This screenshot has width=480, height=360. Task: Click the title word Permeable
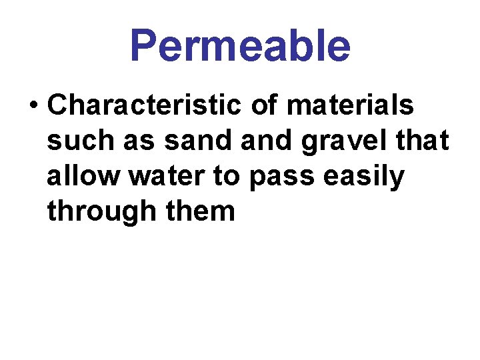(x=240, y=46)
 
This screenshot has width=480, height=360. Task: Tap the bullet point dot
(x=33, y=105)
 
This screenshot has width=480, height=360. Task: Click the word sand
(x=187, y=141)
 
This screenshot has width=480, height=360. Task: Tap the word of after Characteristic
(x=266, y=105)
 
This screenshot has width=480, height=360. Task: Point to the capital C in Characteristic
(x=57, y=105)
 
